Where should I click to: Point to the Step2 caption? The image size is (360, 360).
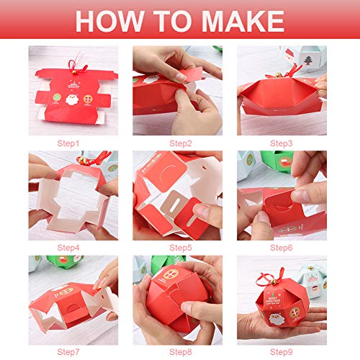[x=179, y=144]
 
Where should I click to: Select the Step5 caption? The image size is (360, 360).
[x=179, y=248]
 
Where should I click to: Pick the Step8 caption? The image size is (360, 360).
[x=179, y=353]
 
